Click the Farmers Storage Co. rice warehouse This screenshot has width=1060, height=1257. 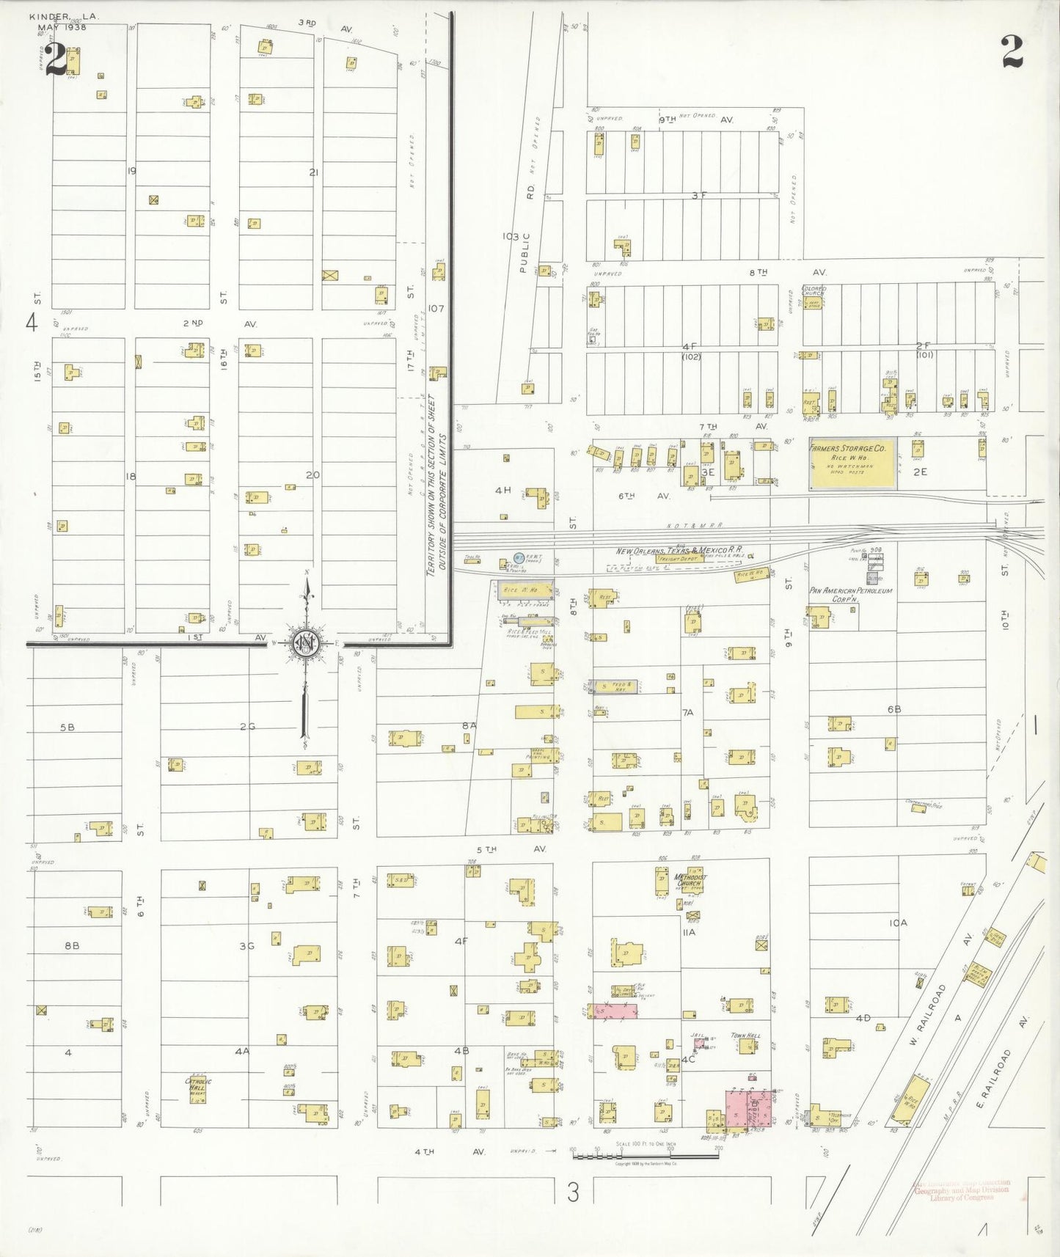[x=852, y=466]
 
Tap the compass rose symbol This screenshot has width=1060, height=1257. [x=307, y=643]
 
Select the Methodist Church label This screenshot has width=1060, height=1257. [x=690, y=880]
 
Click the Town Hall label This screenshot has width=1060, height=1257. [x=745, y=1036]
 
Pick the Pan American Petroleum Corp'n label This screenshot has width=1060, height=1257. [x=850, y=594]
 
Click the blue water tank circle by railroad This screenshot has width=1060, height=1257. [x=519, y=559]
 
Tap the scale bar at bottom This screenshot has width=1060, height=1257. [x=646, y=1156]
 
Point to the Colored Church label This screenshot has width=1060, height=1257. [x=814, y=290]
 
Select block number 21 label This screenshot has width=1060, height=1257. [x=314, y=172]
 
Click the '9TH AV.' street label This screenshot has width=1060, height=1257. [x=697, y=119]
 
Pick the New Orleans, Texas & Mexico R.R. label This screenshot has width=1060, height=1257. [x=672, y=550]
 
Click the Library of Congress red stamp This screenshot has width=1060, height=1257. [x=961, y=1190]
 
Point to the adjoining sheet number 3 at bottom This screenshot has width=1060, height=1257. [x=573, y=1193]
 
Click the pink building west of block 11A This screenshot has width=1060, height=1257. [x=614, y=1011]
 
